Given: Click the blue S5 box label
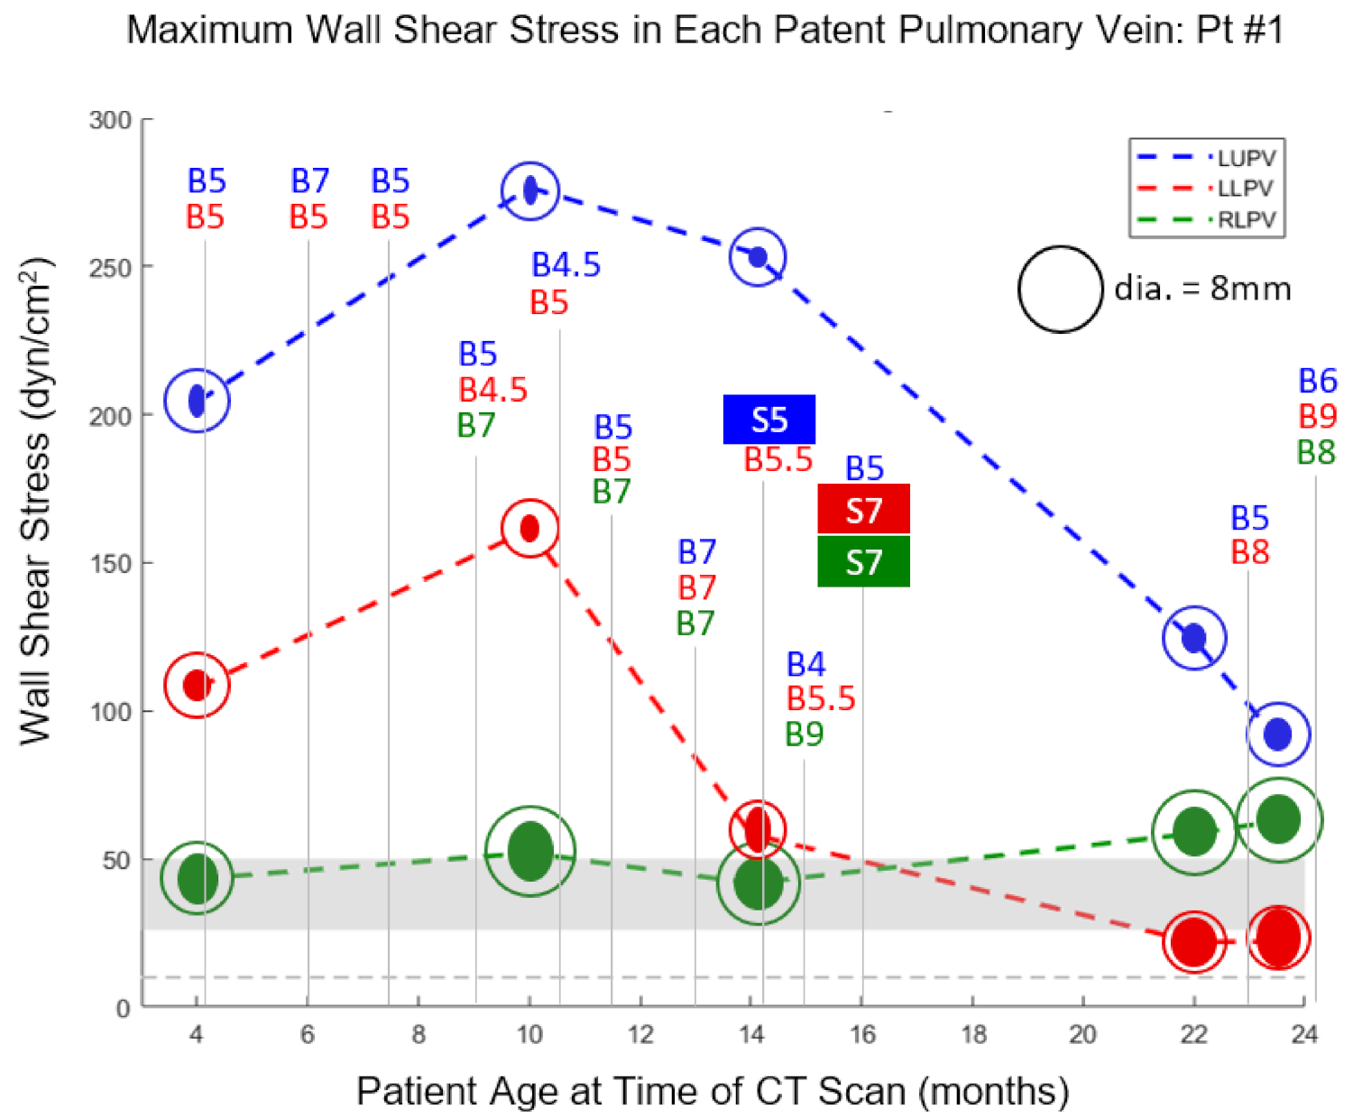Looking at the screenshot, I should [x=769, y=420].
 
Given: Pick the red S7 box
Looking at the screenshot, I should [x=863, y=510].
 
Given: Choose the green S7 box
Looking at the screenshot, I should [x=863, y=562].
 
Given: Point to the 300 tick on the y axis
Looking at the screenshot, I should [x=110, y=120].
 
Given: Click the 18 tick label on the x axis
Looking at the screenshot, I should [x=973, y=1034].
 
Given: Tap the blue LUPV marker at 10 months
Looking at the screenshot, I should [x=530, y=190].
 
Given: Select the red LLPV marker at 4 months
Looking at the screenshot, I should [x=197, y=685].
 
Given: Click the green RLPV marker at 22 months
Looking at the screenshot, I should [x=1194, y=832].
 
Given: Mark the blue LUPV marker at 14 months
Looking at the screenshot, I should [x=759, y=257].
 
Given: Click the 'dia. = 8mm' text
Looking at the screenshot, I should [x=1202, y=289].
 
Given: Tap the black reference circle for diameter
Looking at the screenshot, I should [x=1061, y=289].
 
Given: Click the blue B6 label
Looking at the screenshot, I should [x=1317, y=381].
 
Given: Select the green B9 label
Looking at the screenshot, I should [x=805, y=735].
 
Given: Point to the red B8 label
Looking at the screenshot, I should [x=1250, y=552].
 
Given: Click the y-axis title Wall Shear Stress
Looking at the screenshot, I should [x=36, y=501].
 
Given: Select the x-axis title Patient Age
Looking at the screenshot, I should [x=713, y=1091].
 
